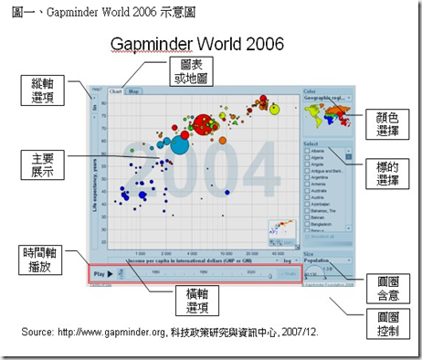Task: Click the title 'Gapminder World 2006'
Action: [x=196, y=43]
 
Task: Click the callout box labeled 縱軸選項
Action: [x=41, y=90]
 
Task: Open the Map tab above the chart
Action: [x=133, y=92]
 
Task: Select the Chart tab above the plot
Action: [x=116, y=92]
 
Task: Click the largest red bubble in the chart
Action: [x=203, y=122]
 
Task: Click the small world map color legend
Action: [x=326, y=114]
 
